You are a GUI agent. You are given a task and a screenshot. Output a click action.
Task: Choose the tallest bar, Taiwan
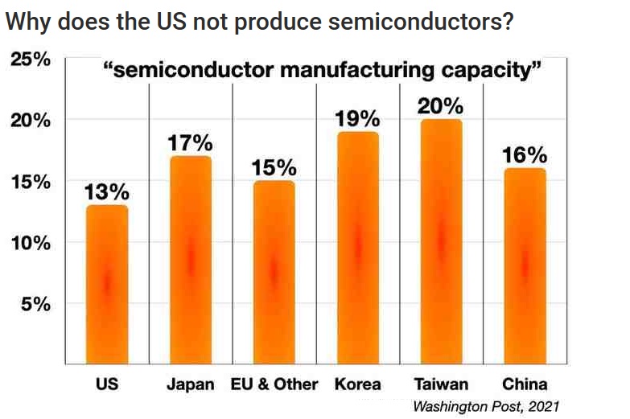pos(440,241)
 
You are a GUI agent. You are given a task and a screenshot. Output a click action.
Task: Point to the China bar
pos(525,265)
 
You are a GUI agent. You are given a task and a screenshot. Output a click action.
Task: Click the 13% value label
pos(107,192)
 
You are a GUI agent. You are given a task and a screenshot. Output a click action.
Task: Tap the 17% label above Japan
pos(191,144)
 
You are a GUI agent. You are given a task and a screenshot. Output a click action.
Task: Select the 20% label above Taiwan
pos(440,106)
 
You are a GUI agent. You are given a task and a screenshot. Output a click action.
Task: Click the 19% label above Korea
pos(357,119)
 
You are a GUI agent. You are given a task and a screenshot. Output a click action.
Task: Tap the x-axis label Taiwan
pos(440,384)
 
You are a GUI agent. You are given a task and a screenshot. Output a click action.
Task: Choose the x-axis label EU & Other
pos(274,384)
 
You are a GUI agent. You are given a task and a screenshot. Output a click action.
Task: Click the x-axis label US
pos(107,384)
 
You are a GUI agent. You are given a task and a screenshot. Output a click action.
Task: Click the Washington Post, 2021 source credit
pos(485,406)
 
